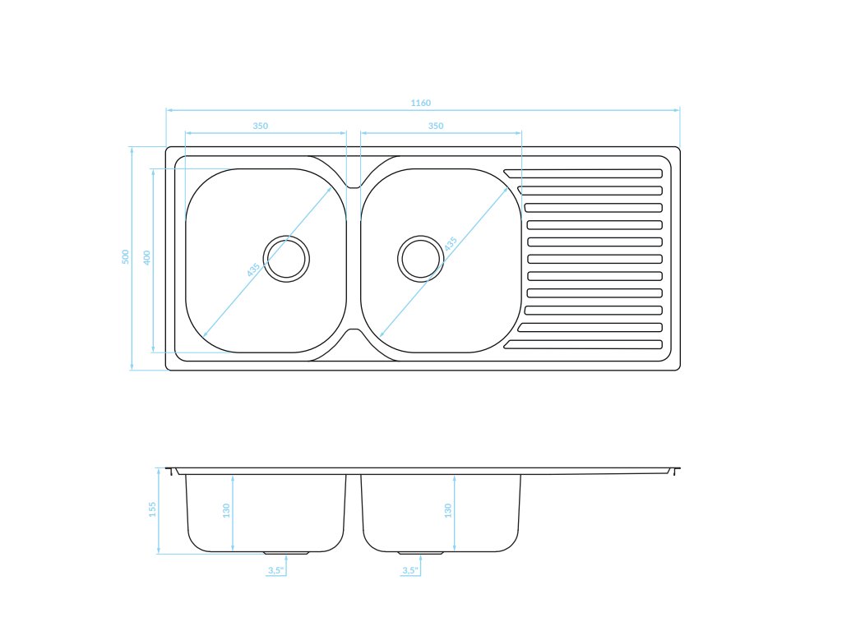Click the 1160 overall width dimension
point(421,103)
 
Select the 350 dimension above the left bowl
point(260,126)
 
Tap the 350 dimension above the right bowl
point(436,126)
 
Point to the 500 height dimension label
point(126,256)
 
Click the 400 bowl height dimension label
point(146,257)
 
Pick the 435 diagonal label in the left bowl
point(254,268)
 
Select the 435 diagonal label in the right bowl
point(450,245)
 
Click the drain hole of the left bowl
point(286,259)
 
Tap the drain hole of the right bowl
point(420,258)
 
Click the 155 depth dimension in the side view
point(152,509)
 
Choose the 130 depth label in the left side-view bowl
point(226,510)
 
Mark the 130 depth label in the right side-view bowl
point(447,510)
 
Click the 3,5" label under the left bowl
point(275,569)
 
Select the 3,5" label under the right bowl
point(409,569)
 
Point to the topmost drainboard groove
point(583,173)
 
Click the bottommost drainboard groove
point(583,344)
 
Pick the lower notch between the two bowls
point(353,334)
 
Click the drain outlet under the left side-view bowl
point(286,553)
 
